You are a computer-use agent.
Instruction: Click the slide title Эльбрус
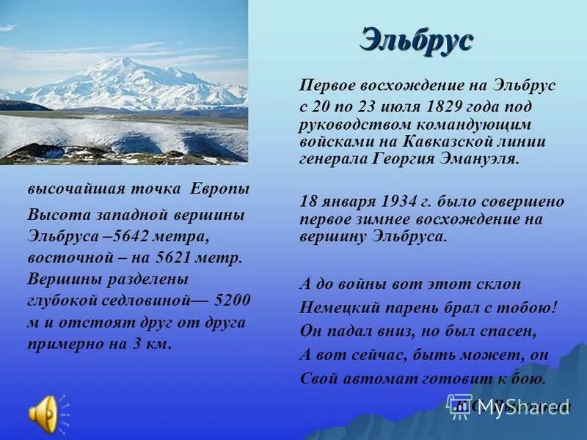tap(415, 40)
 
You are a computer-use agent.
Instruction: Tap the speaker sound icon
tap(43, 414)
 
